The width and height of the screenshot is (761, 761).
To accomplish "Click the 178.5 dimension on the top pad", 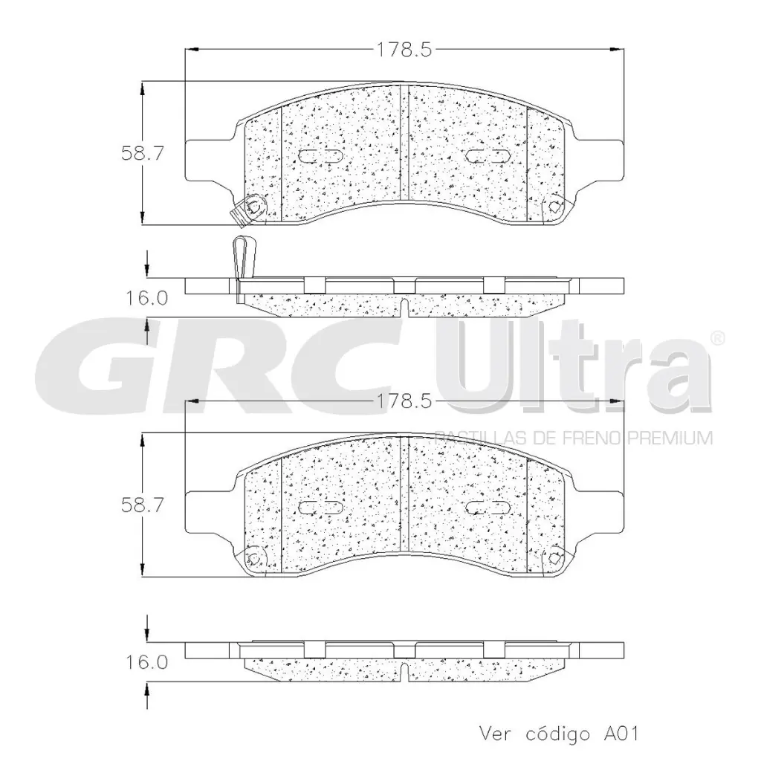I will [401, 50].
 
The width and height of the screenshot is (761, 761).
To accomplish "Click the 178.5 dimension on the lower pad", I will [401, 401].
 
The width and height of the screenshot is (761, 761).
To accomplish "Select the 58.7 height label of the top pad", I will [142, 153].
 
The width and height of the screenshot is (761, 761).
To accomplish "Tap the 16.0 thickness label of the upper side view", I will [147, 298].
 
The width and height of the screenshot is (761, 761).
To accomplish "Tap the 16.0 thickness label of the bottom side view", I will [147, 661].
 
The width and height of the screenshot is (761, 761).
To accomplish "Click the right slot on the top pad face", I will [487, 156].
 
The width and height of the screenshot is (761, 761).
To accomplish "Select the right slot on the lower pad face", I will [487, 508].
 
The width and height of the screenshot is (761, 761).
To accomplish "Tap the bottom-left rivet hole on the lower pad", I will [254, 557].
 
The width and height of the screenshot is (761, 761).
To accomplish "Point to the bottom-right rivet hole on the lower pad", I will [554, 557].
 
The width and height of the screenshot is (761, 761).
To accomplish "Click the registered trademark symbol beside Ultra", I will [716, 337].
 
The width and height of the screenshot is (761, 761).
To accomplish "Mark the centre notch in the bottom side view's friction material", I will [401, 671].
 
